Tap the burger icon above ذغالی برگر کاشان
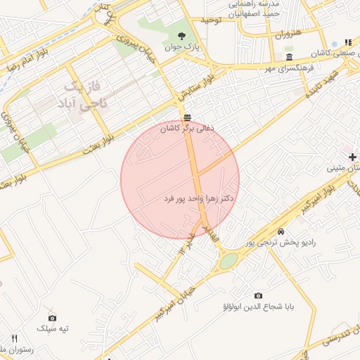(x=186, y=117)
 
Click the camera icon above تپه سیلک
(x=52, y=318)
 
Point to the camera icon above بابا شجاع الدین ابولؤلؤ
(x=258, y=295)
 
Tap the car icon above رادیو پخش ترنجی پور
(x=281, y=231)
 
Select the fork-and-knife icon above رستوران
(x=15, y=338)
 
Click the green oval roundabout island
(x=229, y=262)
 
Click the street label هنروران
(x=288, y=34)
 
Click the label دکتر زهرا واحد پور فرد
(x=198, y=199)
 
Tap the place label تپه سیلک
(x=54, y=329)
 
